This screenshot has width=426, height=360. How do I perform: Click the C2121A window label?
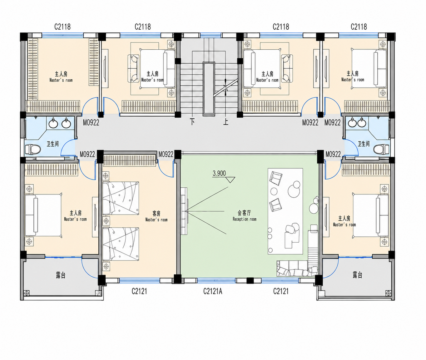(213, 291)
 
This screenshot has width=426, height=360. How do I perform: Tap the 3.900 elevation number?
(219, 174)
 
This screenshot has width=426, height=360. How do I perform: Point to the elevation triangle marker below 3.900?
(230, 180)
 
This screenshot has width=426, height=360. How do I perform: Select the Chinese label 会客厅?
(244, 213)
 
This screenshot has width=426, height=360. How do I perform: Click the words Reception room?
(245, 219)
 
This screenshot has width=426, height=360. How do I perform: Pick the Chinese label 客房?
(156, 213)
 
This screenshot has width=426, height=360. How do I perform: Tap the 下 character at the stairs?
(192, 122)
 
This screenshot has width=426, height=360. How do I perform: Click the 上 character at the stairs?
(226, 122)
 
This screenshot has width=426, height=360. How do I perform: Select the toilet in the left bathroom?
(33, 149)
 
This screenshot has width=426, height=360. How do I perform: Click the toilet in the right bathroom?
(381, 149)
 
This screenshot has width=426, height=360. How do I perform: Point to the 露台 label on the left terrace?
(61, 275)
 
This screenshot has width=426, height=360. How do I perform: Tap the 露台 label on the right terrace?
(357, 275)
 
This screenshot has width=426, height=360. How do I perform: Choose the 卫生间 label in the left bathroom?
(52, 144)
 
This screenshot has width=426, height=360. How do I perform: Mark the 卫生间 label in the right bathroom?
(364, 144)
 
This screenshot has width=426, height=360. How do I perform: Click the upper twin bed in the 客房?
(121, 198)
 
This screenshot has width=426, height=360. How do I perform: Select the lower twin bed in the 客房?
(121, 244)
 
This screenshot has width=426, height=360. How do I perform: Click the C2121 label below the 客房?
(139, 291)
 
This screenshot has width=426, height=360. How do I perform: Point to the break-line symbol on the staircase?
(226, 87)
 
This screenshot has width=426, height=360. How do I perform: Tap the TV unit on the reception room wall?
(184, 211)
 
